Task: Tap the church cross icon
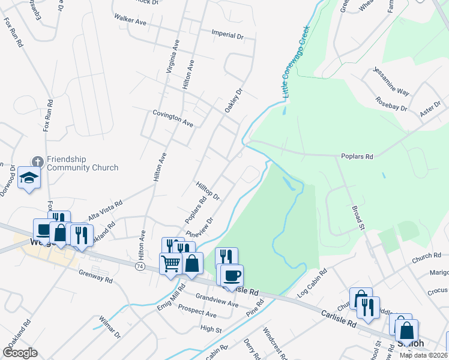[x=37, y=161]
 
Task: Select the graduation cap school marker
[x=29, y=178]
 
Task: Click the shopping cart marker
[x=170, y=262]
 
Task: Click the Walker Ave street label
[x=130, y=22]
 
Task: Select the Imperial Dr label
[x=228, y=35]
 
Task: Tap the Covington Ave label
[x=173, y=118]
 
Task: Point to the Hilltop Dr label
[x=208, y=191]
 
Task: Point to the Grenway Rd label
[x=95, y=276]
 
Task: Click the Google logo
[x=20, y=352]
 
